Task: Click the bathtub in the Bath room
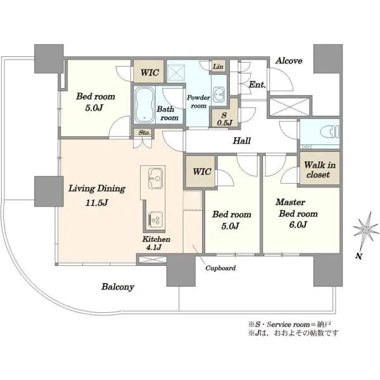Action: pyautogui.click(x=144, y=105)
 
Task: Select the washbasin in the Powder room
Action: pyautogui.click(x=219, y=93)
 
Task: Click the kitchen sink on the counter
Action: pyautogui.click(x=155, y=178)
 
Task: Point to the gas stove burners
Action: pyautogui.click(x=155, y=220)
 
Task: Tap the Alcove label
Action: pyautogui.click(x=289, y=61)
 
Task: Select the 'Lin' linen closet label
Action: pyautogui.click(x=218, y=66)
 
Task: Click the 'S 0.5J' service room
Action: pyautogui.click(x=224, y=119)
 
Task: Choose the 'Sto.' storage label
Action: pyautogui.click(x=144, y=133)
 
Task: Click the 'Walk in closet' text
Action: pyautogui.click(x=319, y=170)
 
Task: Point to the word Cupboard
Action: pyautogui.click(x=220, y=268)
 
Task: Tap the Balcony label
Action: pyautogui.click(x=118, y=287)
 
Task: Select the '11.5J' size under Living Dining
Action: pyautogui.click(x=96, y=203)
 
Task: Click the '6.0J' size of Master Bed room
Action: pyautogui.click(x=298, y=225)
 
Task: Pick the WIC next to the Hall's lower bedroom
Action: pyautogui.click(x=201, y=172)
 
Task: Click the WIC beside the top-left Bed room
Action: pyautogui.click(x=149, y=72)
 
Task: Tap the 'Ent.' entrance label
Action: pyautogui.click(x=257, y=85)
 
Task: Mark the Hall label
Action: pyautogui.click(x=241, y=141)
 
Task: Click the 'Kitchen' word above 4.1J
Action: pyautogui.click(x=156, y=239)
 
